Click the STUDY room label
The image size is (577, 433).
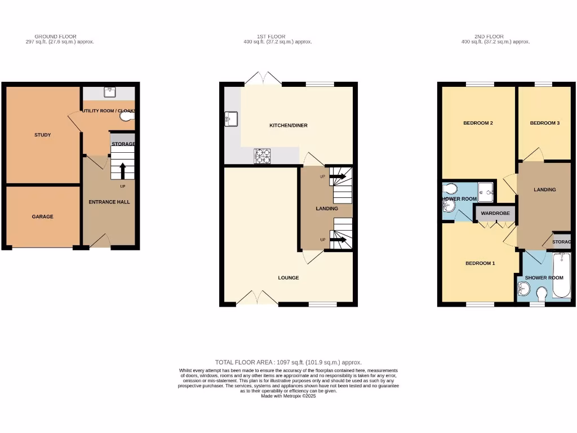pyautogui.click(x=42, y=135)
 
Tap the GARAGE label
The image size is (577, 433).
pyautogui.click(x=42, y=216)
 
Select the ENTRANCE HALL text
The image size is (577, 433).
pyautogui.click(x=109, y=202)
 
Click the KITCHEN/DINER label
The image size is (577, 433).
pyautogui.click(x=288, y=125)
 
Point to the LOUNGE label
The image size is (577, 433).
pyautogui.click(x=288, y=277)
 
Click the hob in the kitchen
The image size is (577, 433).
pyautogui.click(x=262, y=156)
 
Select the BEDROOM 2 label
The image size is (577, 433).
pyautogui.click(x=478, y=123)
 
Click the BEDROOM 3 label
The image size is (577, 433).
pyautogui.click(x=544, y=123)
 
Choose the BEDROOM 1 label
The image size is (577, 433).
pyautogui.click(x=480, y=263)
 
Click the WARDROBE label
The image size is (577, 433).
pyautogui.click(x=495, y=214)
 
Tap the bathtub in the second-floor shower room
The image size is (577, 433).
pyautogui.click(x=561, y=276)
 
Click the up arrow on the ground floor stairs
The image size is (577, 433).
pyautogui.click(x=122, y=169)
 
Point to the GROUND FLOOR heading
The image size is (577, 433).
pyautogui.click(x=55, y=37)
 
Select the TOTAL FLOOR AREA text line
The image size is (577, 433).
pyautogui.click(x=288, y=362)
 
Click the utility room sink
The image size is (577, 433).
pyautogui.click(x=109, y=92)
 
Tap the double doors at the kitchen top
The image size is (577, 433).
pyautogui.click(x=263, y=79)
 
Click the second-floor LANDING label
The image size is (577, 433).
pyautogui.click(x=544, y=189)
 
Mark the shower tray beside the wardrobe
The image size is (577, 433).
pyautogui.click(x=486, y=192)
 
